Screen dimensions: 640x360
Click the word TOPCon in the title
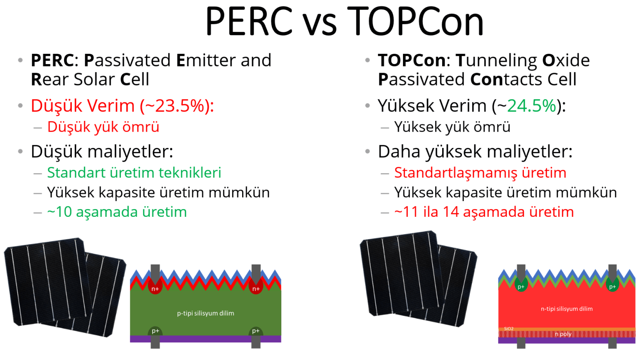(415, 21)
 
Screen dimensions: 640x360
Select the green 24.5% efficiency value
(532, 106)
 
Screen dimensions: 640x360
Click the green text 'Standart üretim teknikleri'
(134, 172)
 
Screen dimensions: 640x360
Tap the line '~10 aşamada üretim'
(117, 212)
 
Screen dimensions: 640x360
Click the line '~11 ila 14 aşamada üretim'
(484, 212)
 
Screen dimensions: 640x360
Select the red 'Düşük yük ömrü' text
(103, 127)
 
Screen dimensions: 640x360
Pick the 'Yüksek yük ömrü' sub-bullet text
(452, 127)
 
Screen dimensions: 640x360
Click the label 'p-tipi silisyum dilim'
(206, 314)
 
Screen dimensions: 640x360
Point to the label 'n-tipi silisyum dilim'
(566, 309)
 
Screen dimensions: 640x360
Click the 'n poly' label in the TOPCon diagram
(563, 334)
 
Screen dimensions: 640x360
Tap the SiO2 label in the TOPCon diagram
(508, 329)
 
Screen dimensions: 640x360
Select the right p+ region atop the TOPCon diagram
(612, 285)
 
